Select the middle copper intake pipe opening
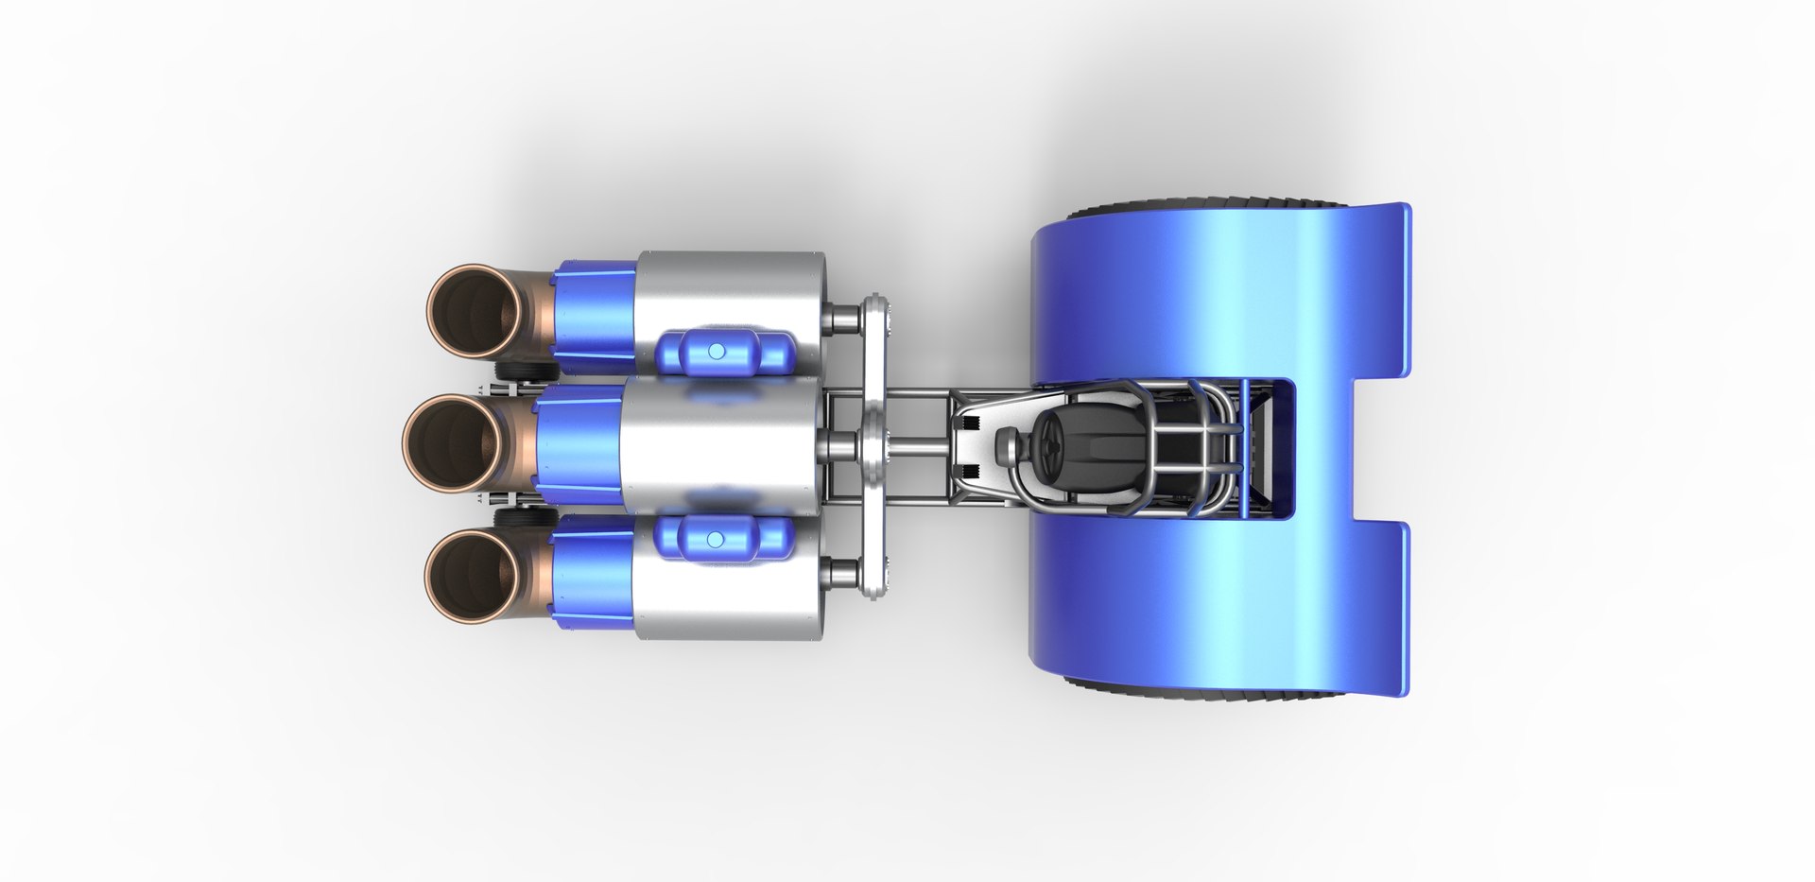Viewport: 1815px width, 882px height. (x=451, y=443)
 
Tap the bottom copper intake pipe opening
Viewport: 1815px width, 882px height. (x=473, y=574)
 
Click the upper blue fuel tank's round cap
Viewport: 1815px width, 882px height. (x=716, y=351)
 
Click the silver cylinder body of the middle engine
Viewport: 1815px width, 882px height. (x=718, y=444)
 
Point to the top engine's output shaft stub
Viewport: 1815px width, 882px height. (x=839, y=315)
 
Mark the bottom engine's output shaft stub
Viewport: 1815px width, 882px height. (x=839, y=573)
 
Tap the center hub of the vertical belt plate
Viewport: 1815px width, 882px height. (x=873, y=443)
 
